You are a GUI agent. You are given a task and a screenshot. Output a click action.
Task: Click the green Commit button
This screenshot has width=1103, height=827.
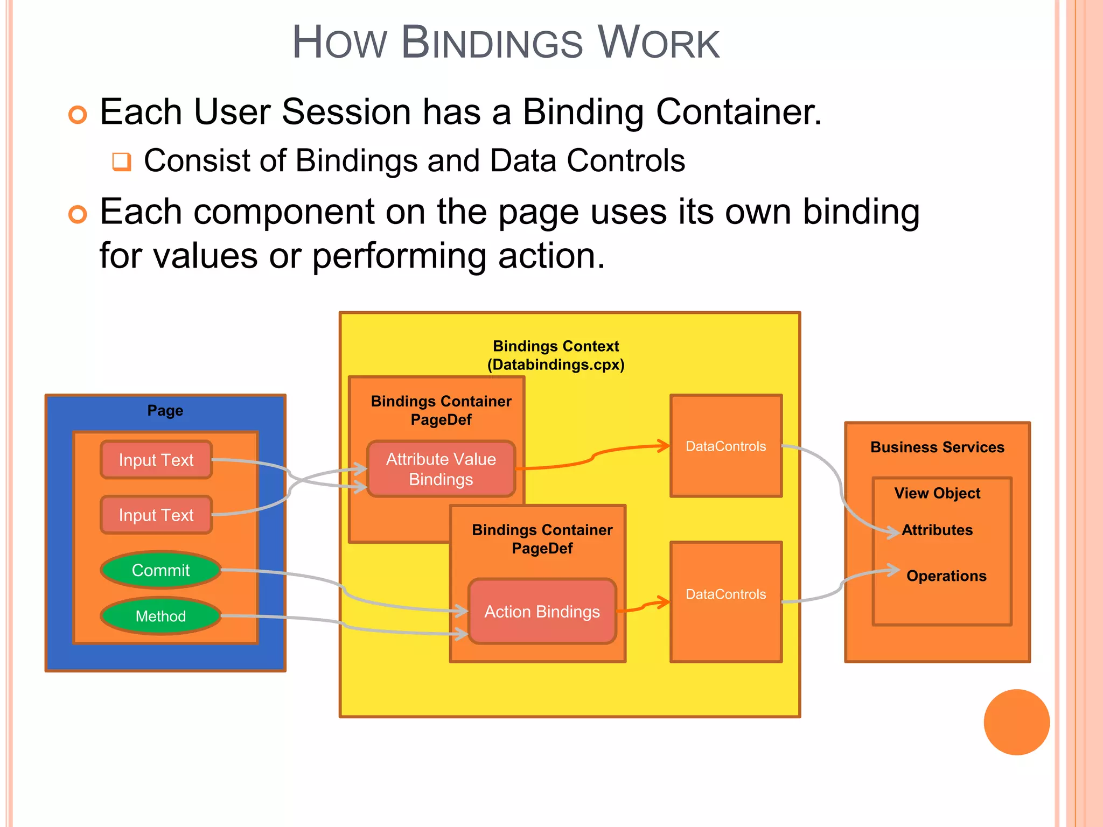(x=160, y=570)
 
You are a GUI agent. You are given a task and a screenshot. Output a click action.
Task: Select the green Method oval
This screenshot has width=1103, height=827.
(x=160, y=615)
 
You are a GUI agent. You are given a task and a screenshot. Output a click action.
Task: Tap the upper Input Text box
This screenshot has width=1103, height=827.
(x=156, y=460)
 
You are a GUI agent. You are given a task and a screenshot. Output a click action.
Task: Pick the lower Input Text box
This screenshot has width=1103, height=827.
(x=156, y=515)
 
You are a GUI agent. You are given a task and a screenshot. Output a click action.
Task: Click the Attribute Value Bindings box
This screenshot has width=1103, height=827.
(x=441, y=469)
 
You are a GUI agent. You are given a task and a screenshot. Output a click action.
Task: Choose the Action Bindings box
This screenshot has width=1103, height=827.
(x=542, y=612)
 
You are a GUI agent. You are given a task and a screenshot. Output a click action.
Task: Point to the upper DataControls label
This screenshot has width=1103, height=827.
(x=725, y=446)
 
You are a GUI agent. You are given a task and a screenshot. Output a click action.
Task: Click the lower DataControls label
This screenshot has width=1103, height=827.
(x=725, y=594)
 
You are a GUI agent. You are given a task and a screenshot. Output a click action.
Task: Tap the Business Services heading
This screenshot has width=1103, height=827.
(x=937, y=447)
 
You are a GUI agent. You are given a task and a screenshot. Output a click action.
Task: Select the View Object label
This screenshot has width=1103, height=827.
(x=937, y=493)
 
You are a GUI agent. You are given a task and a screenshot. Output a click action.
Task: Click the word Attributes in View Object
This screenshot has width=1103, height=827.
(x=937, y=530)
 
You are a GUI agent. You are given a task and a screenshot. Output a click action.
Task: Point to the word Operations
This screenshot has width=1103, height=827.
(x=946, y=576)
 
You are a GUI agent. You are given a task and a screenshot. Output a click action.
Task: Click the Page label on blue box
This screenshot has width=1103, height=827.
(x=165, y=411)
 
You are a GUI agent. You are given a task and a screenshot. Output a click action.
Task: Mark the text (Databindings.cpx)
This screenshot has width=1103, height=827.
(x=556, y=365)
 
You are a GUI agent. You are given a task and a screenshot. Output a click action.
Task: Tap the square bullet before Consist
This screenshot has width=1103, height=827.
(x=122, y=162)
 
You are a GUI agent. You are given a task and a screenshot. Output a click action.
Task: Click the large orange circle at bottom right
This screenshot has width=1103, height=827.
(x=1016, y=722)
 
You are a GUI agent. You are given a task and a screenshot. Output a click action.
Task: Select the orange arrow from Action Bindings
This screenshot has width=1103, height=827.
(x=644, y=606)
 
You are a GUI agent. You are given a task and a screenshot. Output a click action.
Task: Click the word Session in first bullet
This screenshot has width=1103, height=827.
(x=346, y=112)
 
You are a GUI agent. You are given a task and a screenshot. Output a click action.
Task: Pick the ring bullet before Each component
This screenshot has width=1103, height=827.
(x=78, y=214)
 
